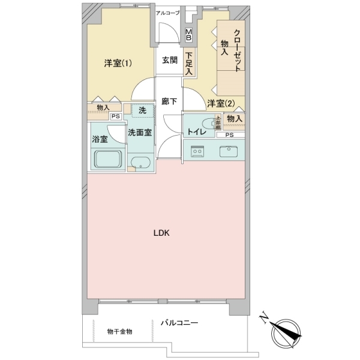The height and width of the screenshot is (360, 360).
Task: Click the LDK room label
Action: [x=163, y=234]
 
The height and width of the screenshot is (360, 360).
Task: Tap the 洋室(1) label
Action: [x=118, y=63]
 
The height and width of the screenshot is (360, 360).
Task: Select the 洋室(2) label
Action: [x=220, y=104]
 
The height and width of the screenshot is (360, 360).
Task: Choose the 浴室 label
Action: [x=100, y=139]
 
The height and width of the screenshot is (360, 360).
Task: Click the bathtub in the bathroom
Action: [x=108, y=160]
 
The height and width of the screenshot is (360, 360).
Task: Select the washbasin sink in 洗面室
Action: [x=141, y=163]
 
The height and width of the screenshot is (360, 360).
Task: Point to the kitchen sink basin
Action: [x=230, y=151]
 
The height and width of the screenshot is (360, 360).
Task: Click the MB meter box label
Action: [x=188, y=35]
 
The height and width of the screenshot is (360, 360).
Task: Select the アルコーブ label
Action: [x=167, y=13]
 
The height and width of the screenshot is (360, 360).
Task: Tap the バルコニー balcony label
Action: [x=179, y=323]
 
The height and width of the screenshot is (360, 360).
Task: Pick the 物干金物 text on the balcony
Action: [x=119, y=331]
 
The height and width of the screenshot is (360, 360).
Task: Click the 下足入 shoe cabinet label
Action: [x=188, y=63]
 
